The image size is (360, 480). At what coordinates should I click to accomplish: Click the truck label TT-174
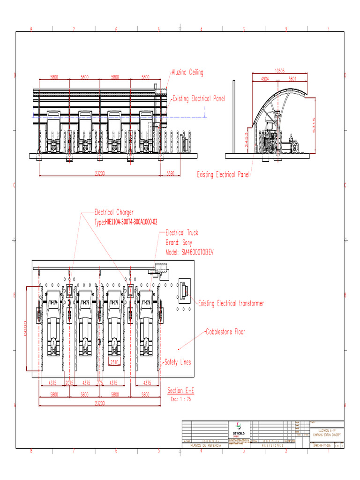coord(53,303)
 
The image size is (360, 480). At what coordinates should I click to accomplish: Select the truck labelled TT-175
coord(85,303)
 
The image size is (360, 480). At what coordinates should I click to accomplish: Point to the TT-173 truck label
coord(146,303)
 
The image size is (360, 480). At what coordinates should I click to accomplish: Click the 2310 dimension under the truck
coord(114,362)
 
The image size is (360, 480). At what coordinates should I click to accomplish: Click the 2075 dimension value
coord(70,382)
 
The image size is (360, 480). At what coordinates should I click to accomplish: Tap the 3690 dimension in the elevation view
coord(170,173)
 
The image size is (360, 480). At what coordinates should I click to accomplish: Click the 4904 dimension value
coord(265,79)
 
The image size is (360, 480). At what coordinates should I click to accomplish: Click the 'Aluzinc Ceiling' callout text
coord(187,73)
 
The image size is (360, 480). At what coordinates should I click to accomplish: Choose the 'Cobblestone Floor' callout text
coord(225,332)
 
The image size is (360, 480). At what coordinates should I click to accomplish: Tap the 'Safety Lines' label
coord(178,362)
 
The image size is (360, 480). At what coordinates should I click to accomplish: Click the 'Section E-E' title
coord(180,390)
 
